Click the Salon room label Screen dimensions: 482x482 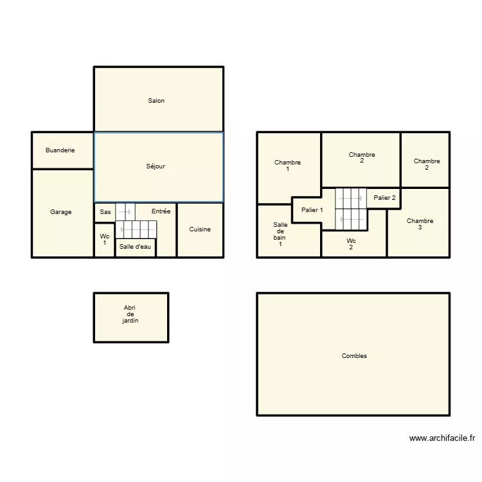click(156, 101)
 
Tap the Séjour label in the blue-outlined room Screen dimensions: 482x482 click(156, 166)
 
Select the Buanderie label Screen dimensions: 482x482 click(60, 150)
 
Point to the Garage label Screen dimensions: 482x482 click(61, 212)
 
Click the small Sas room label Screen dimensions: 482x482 click(105, 211)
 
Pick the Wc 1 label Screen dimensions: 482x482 click(105, 240)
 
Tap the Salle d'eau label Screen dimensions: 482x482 click(135, 247)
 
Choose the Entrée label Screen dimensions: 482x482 click(161, 211)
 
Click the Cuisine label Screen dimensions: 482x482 click(200, 229)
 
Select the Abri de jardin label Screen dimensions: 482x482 click(130, 314)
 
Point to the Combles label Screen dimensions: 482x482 click(354, 356)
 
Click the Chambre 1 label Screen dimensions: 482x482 click(287, 166)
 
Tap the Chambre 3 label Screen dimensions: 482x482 click(420, 224)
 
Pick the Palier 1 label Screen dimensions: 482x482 click(312, 210)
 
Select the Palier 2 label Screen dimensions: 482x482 click(384, 198)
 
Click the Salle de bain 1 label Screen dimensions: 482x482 click(280, 235)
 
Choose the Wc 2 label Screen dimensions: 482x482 click(351, 244)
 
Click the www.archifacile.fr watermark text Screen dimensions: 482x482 click(442, 439)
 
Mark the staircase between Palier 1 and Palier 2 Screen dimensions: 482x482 click(351, 209)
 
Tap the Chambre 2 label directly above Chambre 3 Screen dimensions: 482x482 click(427, 165)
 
